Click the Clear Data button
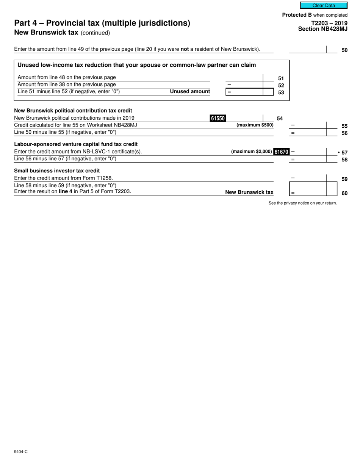pyautogui.click(x=324, y=5)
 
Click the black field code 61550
pyautogui.click(x=218, y=118)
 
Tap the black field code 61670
pyautogui.click(x=281, y=152)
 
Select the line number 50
pyautogui.click(x=344, y=50)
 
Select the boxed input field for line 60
pyautogui.click(x=313, y=189)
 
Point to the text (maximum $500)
pyautogui.click(x=255, y=125)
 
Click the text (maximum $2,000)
pyautogui.click(x=251, y=152)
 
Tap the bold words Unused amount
pyautogui.click(x=190, y=92)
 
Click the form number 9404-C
pyautogui.click(x=21, y=452)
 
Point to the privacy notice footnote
pyautogui.click(x=302, y=203)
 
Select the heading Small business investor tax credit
pyautogui.click(x=57, y=170)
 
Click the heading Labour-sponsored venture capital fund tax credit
pyautogui.click(x=76, y=144)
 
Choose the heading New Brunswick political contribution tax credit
pyautogui.click(x=73, y=111)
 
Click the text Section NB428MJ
pyautogui.click(x=322, y=28)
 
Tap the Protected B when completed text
pyautogui.click(x=315, y=15)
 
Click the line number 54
pyautogui.click(x=280, y=119)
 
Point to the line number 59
pyautogui.click(x=344, y=179)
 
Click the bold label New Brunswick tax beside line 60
pyautogui.click(x=249, y=192)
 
